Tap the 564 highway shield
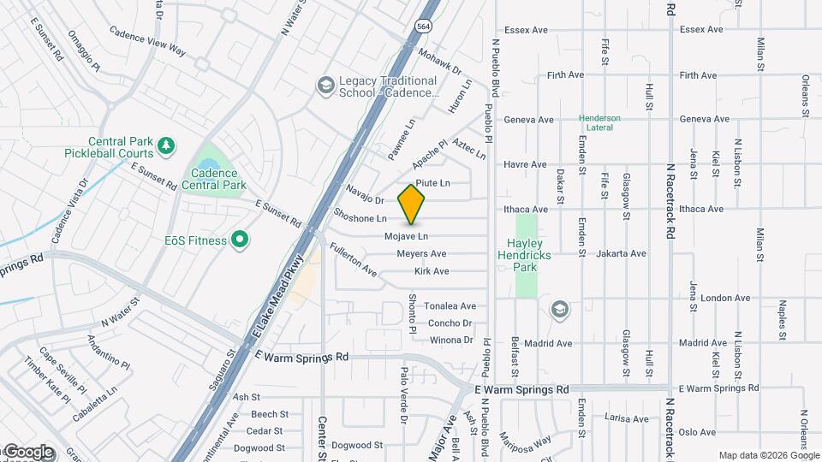[x=424, y=26]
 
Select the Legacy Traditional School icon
[x=325, y=86]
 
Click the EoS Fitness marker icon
[x=241, y=240]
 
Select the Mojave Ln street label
[x=406, y=236]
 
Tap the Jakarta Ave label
[x=622, y=253]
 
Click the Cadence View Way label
[x=147, y=41]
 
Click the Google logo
[x=27, y=452]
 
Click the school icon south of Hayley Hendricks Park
[x=560, y=309]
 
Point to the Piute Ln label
[x=432, y=183]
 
